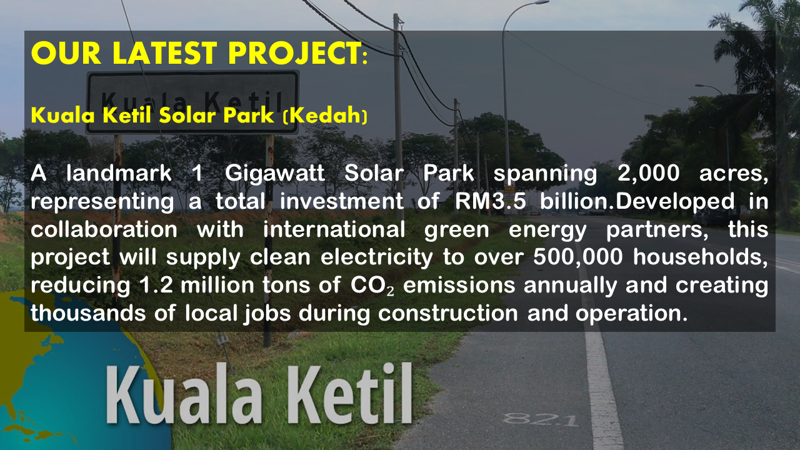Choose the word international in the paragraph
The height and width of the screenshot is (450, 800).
point(334,229)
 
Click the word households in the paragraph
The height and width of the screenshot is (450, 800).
point(697,257)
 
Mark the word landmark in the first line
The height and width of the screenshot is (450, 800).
point(119,173)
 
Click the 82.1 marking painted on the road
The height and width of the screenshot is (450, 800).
point(541,419)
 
